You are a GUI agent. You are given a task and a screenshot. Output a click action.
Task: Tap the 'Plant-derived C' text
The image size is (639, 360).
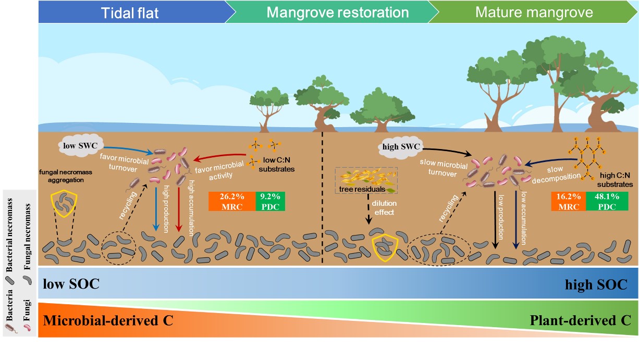[581, 320]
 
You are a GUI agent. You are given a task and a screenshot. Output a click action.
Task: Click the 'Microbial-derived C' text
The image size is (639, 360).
[108, 320]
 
